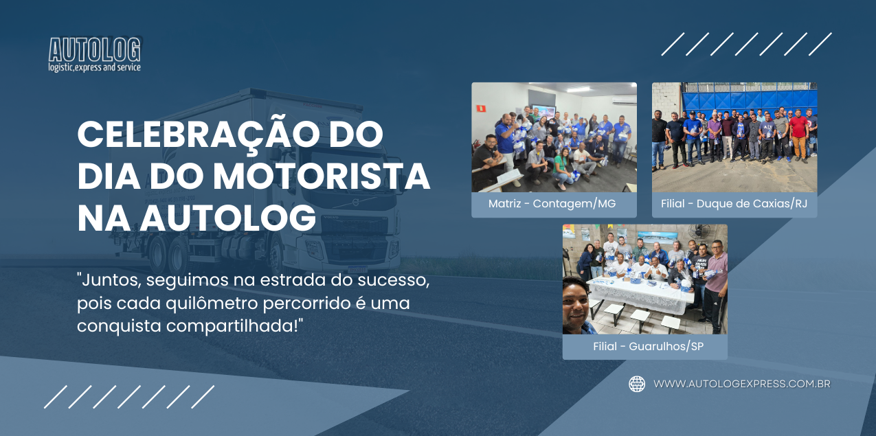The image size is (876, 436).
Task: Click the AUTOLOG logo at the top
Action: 94,54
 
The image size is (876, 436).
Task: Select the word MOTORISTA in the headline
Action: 322,176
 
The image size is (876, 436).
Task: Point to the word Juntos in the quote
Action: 111,281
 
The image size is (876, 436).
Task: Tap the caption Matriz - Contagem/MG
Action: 552,203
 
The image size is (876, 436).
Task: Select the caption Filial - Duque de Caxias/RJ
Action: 734,203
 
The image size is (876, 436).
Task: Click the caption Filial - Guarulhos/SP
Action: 648,346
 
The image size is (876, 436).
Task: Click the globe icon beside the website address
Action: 637,384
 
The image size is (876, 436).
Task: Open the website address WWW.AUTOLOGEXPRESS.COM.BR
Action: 742,384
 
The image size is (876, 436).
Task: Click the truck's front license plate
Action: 357,269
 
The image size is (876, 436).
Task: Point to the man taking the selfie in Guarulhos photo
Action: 577,306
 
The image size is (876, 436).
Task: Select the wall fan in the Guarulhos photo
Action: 699,231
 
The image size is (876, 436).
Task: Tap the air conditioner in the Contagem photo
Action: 624,100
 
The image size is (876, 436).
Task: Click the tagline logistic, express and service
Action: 94,67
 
